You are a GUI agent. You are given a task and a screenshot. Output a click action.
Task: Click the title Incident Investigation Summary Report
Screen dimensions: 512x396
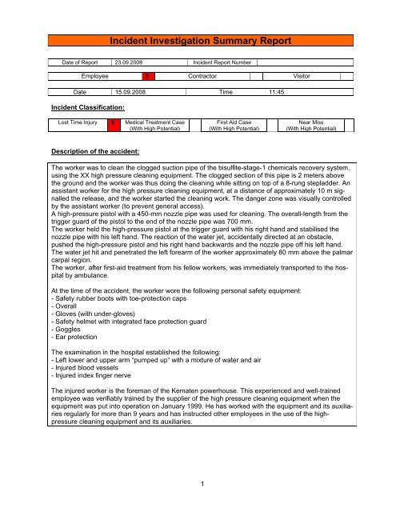coord(197,38)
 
